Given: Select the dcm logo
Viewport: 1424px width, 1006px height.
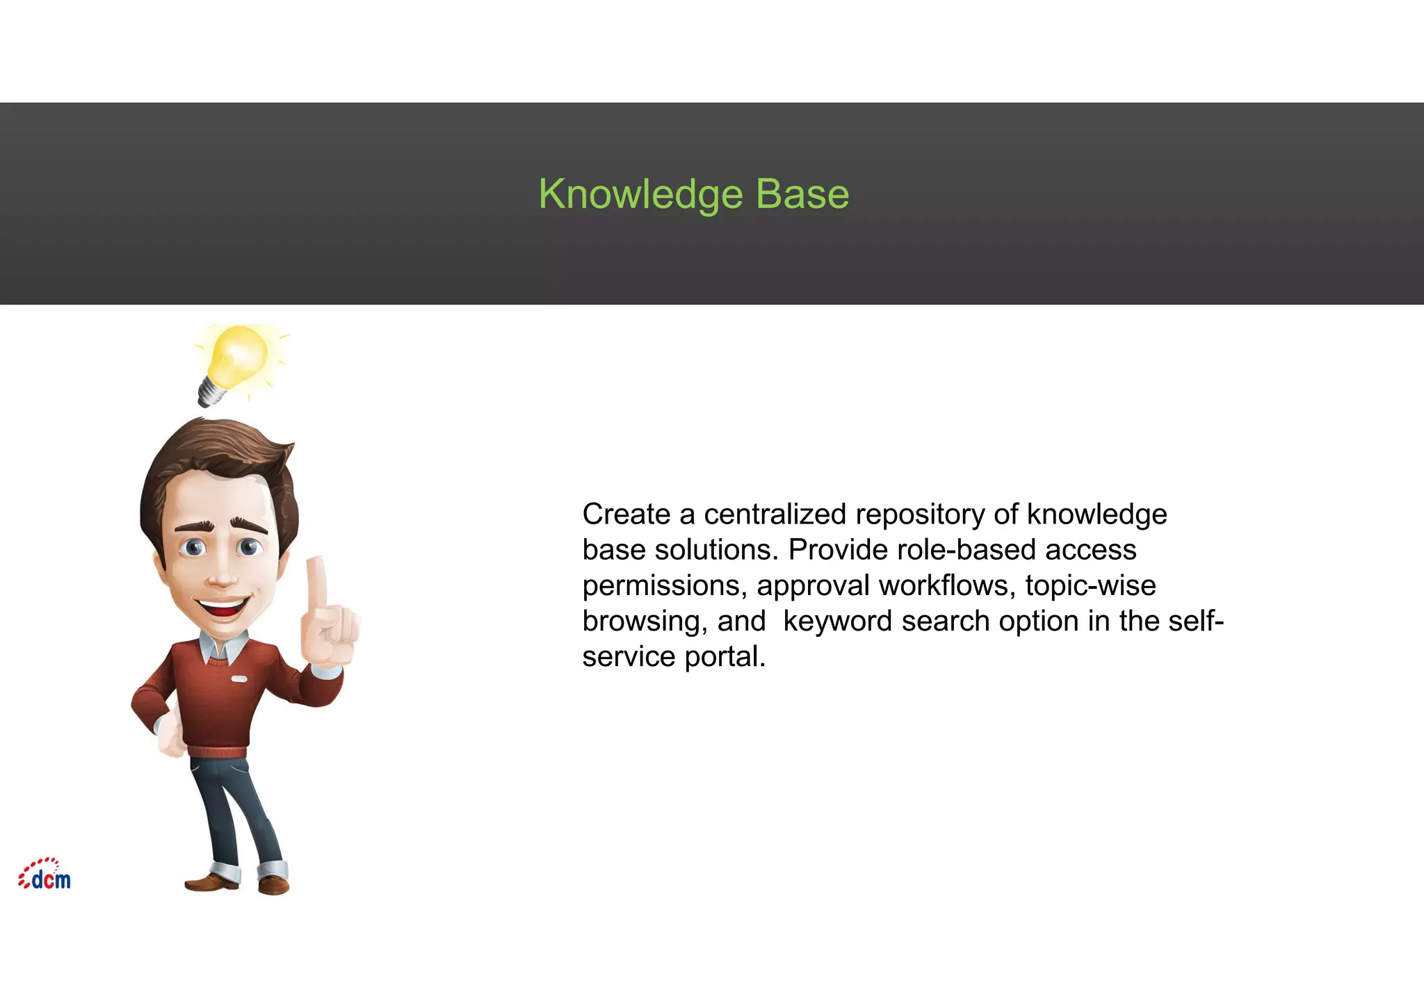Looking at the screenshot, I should coord(45,875).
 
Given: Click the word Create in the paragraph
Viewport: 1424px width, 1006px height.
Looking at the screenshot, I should coord(626,514).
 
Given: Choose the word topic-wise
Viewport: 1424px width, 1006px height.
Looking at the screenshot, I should coord(1090,585).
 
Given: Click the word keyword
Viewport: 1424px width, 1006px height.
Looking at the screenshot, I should coord(837,622).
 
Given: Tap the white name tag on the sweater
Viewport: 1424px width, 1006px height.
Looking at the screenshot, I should coord(239,678).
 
